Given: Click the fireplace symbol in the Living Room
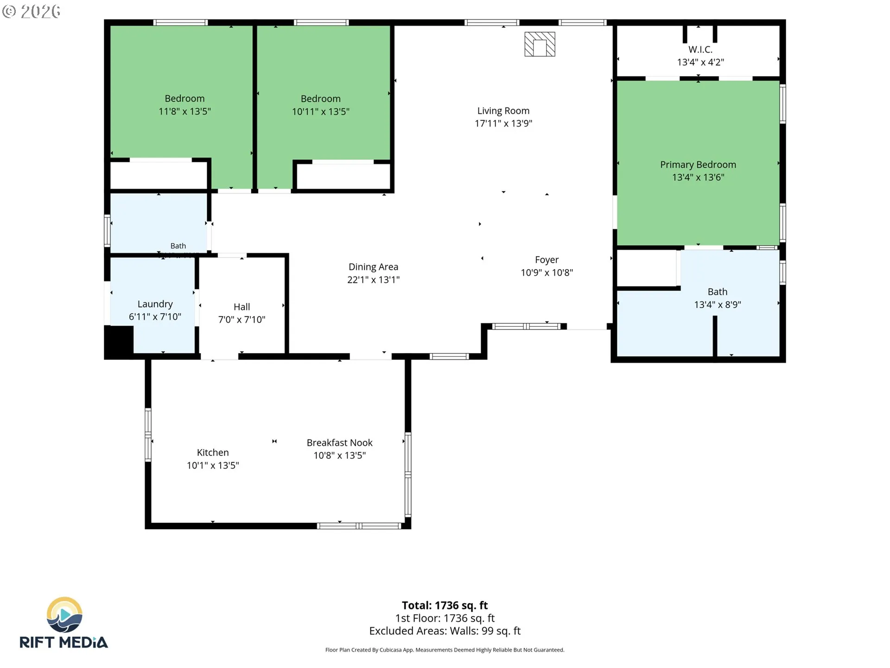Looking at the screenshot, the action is (x=540, y=44).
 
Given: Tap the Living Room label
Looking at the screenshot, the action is (x=503, y=111).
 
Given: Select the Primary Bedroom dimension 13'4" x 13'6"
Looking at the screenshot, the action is (x=698, y=177).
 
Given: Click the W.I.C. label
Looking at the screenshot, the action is (x=700, y=50).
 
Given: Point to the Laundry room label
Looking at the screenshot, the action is (x=155, y=304).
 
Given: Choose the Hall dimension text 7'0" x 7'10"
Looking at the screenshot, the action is (x=242, y=320).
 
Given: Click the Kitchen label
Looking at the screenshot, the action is (x=213, y=453).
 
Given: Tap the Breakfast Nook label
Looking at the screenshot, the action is (x=340, y=443).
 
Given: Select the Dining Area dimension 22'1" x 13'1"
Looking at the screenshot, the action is (x=374, y=280).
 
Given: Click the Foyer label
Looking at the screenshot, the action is (x=547, y=260).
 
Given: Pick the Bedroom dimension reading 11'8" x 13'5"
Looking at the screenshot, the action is (x=185, y=111).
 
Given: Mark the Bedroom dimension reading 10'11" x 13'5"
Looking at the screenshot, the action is (x=321, y=112).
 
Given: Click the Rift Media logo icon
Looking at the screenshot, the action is (x=64, y=615).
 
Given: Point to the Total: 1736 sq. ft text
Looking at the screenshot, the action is (x=445, y=605).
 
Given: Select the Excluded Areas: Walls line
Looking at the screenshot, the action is (x=445, y=631).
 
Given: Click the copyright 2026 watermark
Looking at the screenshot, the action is (x=31, y=12).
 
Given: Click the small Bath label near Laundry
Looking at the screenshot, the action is (x=178, y=246).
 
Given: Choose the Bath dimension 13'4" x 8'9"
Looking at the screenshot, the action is (x=718, y=305).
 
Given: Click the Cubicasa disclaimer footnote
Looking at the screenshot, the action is (x=445, y=650).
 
